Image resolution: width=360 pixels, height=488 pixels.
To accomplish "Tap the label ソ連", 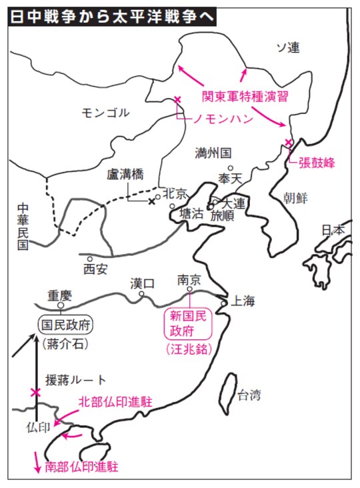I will click(288, 47).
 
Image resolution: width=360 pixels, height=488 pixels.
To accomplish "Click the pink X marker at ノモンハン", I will click(177, 100).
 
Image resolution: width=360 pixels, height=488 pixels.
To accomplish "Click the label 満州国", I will click(213, 152).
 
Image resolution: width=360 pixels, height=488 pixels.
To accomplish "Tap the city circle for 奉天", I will click(229, 169).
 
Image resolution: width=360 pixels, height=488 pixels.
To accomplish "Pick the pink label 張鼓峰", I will click(316, 162).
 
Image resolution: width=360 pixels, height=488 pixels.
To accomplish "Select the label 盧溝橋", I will click(126, 176).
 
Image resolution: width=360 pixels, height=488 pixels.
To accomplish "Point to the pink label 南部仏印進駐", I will click(85, 467).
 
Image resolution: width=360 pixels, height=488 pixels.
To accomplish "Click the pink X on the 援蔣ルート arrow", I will click(35, 392).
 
